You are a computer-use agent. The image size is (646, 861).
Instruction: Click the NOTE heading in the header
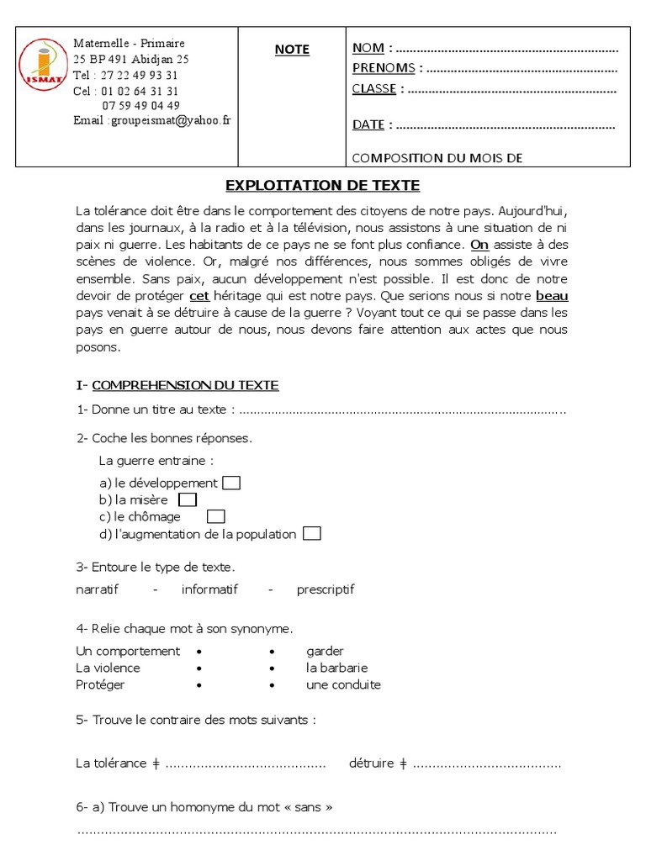click(x=292, y=50)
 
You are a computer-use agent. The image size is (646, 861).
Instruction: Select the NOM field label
click(x=368, y=48)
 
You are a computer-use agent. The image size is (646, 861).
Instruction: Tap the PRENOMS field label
click(x=384, y=68)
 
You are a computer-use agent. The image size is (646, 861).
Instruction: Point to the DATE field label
click(x=368, y=124)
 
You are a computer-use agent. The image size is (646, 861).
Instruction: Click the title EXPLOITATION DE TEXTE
click(x=323, y=185)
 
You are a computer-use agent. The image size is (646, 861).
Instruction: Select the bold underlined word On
click(x=479, y=245)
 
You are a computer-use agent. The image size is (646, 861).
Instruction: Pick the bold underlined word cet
click(x=199, y=296)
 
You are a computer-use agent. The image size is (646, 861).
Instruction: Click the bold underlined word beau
click(x=552, y=296)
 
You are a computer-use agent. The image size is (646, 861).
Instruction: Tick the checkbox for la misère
click(x=188, y=499)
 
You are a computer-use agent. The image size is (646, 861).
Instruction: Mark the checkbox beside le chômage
click(x=216, y=516)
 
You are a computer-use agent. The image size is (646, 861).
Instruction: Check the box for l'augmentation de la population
click(x=311, y=534)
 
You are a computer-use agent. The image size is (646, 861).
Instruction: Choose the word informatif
click(x=209, y=589)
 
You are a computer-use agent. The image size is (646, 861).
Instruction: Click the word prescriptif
click(x=326, y=589)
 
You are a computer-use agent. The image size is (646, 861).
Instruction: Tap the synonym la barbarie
click(x=337, y=668)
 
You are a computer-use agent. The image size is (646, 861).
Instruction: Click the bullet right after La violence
click(x=199, y=668)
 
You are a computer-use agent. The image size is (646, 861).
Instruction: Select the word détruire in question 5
click(x=371, y=763)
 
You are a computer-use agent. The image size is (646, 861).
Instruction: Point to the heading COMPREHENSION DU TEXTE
click(x=185, y=385)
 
